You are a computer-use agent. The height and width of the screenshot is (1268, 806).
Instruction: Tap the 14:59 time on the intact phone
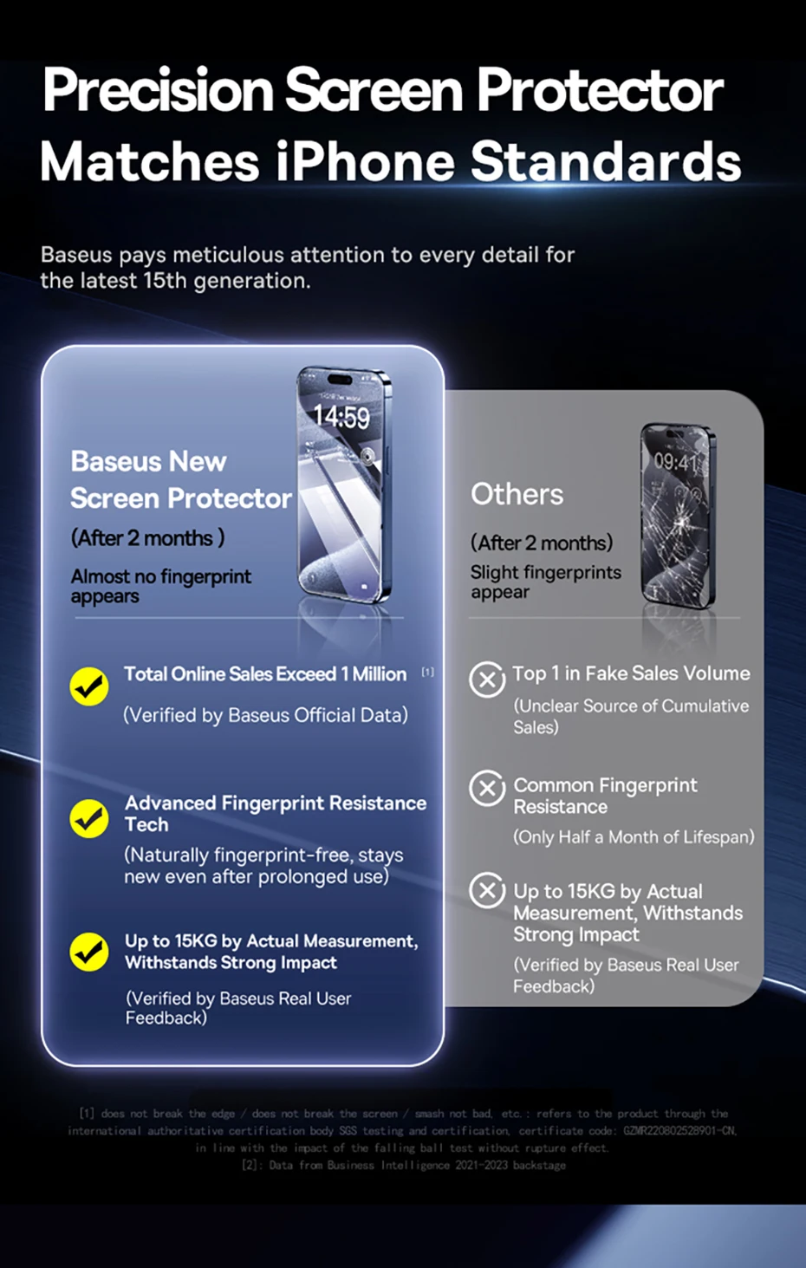341,418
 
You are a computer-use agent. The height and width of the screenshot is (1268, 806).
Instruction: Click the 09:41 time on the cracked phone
674,462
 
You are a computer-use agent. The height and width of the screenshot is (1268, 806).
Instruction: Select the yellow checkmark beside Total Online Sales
88,686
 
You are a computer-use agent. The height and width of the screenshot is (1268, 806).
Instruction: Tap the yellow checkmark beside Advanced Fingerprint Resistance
88,817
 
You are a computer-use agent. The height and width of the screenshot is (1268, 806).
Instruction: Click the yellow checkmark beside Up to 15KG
88,952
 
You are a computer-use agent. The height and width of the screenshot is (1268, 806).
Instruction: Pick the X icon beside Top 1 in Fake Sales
487,680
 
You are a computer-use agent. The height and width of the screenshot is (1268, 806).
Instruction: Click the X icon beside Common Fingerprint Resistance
487,788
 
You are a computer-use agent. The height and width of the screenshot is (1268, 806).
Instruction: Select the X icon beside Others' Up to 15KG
487,890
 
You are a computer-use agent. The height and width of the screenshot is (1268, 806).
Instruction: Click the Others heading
517,494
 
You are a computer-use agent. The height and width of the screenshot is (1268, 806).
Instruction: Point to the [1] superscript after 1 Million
427,672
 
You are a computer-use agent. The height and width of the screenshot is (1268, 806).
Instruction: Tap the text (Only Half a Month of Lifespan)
634,837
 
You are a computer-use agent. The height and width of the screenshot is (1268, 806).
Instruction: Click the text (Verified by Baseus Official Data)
265,715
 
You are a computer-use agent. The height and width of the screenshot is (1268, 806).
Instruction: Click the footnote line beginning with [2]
404,1165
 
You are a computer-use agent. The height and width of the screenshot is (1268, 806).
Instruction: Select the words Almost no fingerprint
161,576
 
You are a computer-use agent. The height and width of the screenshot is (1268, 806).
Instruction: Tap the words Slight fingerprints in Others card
545,572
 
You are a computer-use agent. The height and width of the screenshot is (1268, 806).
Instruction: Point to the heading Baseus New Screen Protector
180,479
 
